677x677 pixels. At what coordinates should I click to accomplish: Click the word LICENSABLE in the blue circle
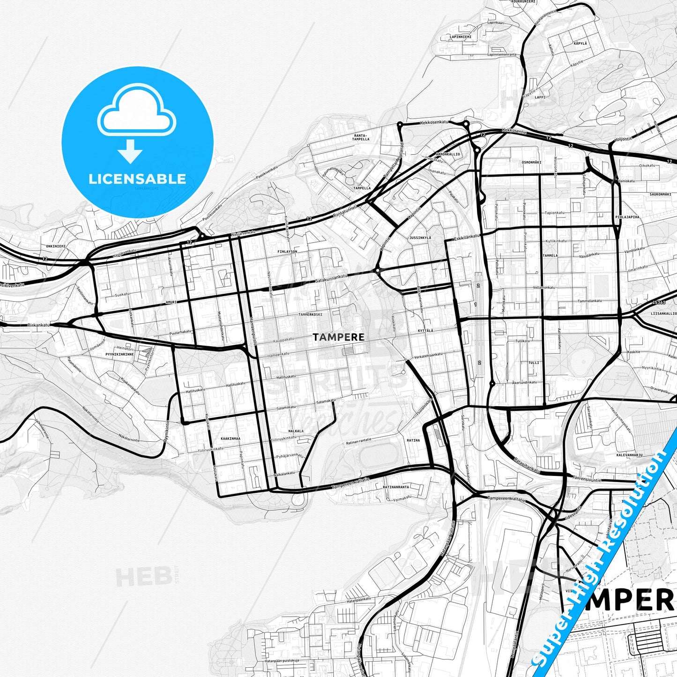(x=137, y=179)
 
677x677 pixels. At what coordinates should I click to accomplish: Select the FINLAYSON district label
(x=287, y=252)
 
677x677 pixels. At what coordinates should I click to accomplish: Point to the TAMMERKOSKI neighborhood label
(x=311, y=314)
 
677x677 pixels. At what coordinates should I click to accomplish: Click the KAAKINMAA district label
(x=230, y=439)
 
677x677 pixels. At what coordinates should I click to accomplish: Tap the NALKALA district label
(x=296, y=431)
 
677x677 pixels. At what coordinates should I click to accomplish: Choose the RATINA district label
(x=413, y=440)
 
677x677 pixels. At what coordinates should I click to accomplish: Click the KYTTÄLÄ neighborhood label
(x=425, y=330)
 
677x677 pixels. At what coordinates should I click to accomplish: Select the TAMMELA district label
(x=550, y=256)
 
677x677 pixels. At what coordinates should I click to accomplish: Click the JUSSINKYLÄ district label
(x=420, y=238)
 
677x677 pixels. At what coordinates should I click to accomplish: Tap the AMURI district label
(x=171, y=303)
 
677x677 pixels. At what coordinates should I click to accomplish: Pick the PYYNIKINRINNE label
(x=119, y=354)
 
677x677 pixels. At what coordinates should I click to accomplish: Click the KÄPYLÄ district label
(x=580, y=43)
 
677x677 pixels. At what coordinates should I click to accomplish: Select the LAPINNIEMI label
(x=461, y=37)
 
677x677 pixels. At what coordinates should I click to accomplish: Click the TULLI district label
(x=534, y=363)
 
